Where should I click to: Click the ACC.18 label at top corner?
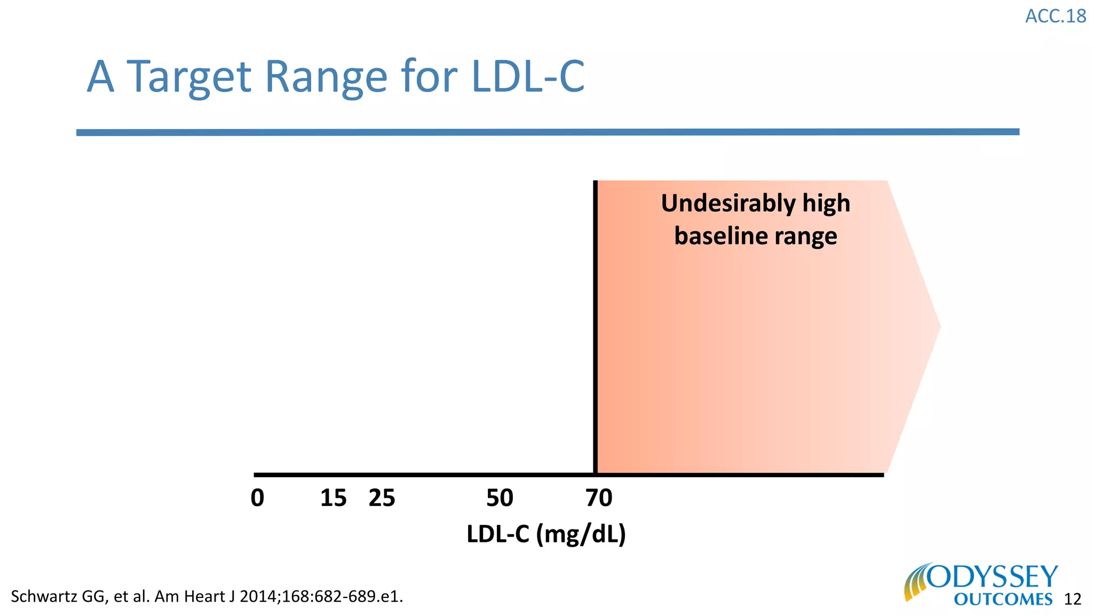coord(1055,16)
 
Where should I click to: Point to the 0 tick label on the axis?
coord(257,498)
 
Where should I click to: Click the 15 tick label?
coord(333,498)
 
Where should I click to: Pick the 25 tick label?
coord(382,498)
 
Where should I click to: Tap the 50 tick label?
coord(500,498)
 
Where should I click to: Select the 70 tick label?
coord(599,498)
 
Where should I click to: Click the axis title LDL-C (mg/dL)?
coord(546,534)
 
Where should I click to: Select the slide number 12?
coord(1072,599)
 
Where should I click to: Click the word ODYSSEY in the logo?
coord(993,577)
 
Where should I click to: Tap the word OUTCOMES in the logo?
coord(1003,599)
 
